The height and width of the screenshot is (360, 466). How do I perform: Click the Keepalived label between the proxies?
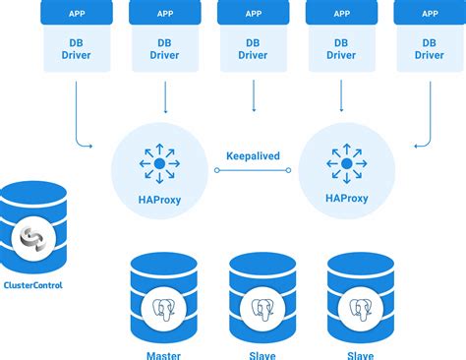(253, 154)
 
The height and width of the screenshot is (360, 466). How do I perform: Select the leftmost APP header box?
(76, 15)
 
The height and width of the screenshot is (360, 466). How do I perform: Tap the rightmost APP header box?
(429, 15)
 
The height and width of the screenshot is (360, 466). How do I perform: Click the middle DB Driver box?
(253, 49)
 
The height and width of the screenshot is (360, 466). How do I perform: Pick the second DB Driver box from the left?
(164, 49)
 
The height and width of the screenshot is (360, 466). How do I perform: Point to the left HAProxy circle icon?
(159, 162)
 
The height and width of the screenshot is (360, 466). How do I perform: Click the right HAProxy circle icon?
(346, 162)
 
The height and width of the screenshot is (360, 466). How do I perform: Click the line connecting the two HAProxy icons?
(253, 169)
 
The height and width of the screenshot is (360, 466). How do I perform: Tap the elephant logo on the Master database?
(163, 308)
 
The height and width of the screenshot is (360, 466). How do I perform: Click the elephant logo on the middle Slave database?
(262, 308)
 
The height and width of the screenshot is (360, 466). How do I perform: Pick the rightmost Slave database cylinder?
(360, 295)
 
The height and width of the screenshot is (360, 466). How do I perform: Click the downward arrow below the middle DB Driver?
(253, 96)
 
